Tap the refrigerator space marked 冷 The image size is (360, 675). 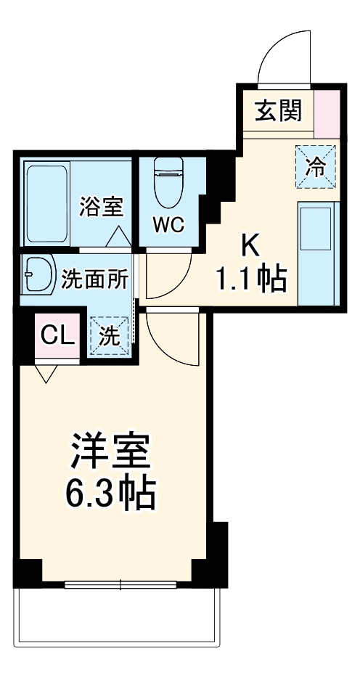point(315,166)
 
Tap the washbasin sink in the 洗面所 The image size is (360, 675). point(38,274)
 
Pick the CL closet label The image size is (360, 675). point(57,335)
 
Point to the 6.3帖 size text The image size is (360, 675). point(110,496)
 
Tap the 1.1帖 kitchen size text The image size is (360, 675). point(249,279)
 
